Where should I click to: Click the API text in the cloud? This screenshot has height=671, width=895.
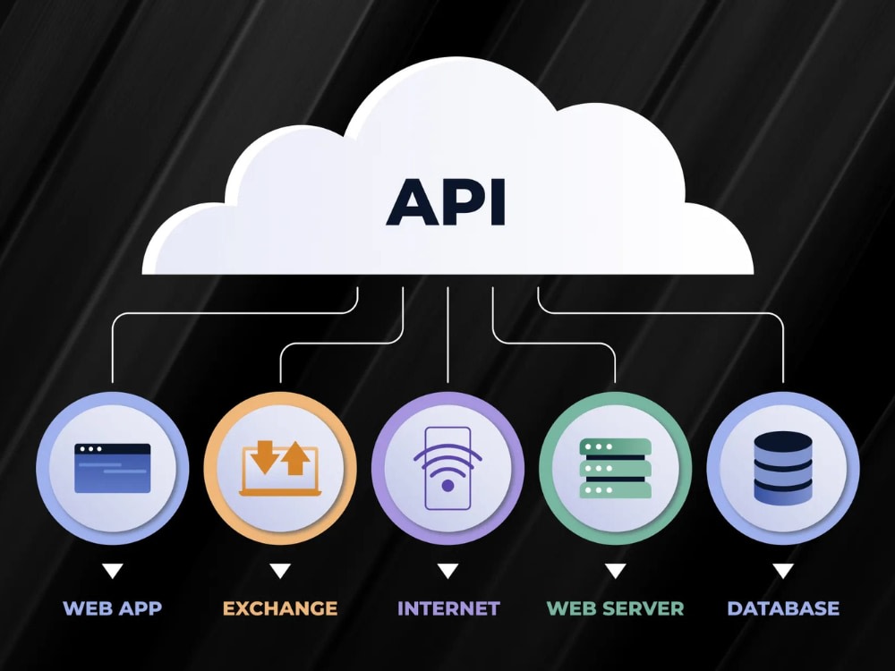coord(446,202)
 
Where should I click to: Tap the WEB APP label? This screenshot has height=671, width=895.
coord(113,608)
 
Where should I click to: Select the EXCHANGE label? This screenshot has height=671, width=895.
coord(280,608)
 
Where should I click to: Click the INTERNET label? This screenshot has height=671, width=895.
coord(448,608)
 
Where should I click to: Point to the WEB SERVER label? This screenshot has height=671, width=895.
coord(616,608)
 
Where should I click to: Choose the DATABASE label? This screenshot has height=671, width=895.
coord(783,608)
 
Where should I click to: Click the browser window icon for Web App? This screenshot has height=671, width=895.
coord(113,469)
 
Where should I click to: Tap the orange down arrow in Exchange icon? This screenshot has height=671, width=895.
coord(265,457)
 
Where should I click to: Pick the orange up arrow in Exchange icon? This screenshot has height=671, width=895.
coord(295,457)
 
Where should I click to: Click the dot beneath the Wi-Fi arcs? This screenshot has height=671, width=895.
coord(448,486)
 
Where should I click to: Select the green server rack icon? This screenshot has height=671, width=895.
coord(616,469)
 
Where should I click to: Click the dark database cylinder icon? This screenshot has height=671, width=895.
coord(783,468)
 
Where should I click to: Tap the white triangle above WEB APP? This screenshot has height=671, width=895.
coord(113,571)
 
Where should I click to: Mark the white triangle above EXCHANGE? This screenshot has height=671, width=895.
coord(280,571)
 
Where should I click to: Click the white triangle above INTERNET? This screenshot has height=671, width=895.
coord(448,571)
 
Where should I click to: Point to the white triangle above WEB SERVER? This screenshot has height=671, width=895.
coord(616,571)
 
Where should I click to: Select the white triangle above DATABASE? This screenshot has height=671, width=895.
coord(783,571)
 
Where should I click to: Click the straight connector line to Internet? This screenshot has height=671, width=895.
coord(448,335)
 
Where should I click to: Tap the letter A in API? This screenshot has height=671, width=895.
coord(410,202)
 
